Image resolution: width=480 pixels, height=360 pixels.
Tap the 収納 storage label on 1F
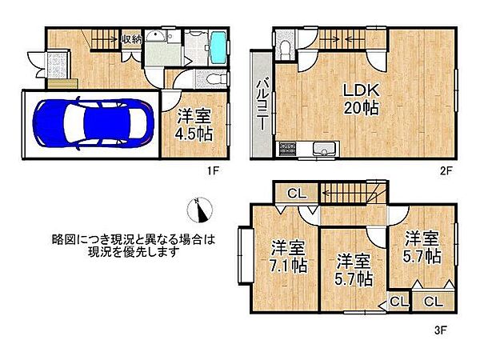coord(132,38)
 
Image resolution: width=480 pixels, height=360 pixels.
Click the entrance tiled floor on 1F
coord(58,64)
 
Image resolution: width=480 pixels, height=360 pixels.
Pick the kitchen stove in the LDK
coord(287,149)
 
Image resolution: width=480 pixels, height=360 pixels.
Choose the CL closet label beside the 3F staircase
coord(296,193)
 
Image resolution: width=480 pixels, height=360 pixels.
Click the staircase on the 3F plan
coord(352,193)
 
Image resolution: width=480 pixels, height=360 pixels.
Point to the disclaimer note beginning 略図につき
coord(134,245)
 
